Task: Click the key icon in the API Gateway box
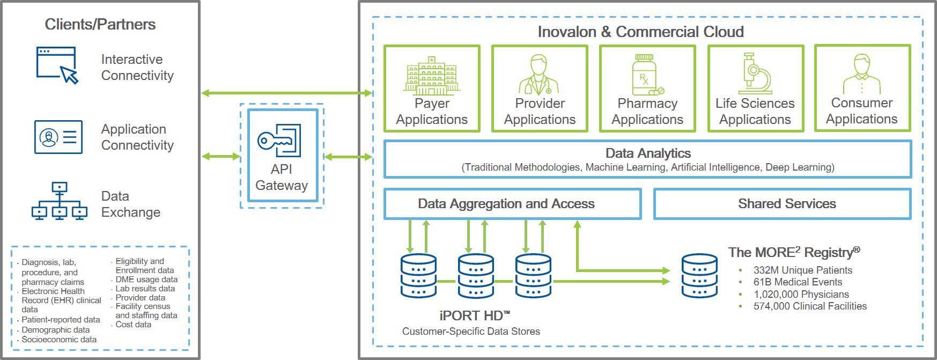click(x=279, y=141)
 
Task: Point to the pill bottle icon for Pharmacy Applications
click(x=646, y=75)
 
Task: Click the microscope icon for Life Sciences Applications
click(x=755, y=74)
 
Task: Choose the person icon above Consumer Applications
click(x=861, y=74)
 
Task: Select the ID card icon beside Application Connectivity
click(x=58, y=137)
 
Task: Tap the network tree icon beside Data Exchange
click(x=59, y=201)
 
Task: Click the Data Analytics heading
click(x=648, y=153)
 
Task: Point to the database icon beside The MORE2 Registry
click(x=699, y=276)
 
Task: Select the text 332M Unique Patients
click(x=802, y=270)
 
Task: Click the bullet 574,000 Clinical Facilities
click(x=810, y=306)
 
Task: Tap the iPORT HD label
click(x=474, y=315)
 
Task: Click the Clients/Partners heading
click(x=100, y=25)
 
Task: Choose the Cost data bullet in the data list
click(x=134, y=325)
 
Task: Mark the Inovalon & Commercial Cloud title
click(x=640, y=32)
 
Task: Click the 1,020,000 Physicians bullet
click(x=801, y=295)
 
